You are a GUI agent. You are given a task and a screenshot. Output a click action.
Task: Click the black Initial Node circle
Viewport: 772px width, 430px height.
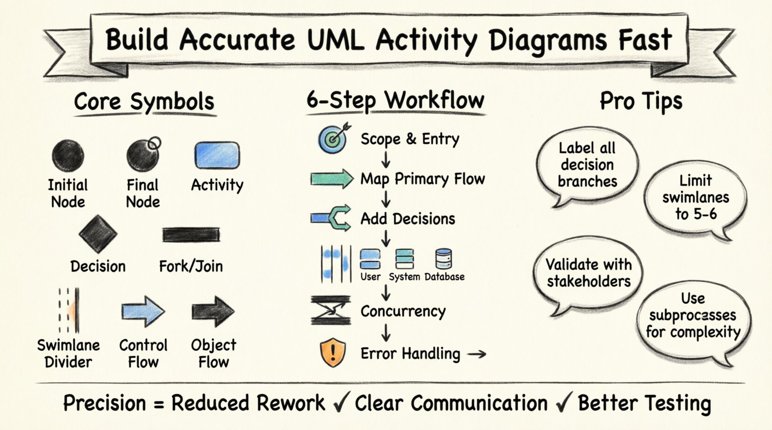[68, 156]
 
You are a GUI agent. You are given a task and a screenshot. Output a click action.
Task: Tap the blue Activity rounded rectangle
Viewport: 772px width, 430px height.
[217, 155]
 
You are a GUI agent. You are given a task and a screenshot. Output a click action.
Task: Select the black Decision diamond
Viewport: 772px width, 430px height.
[98, 234]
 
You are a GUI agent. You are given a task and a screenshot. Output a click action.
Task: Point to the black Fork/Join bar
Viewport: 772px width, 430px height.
[191, 235]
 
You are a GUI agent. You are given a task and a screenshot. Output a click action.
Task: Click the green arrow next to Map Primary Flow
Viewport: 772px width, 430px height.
[332, 179]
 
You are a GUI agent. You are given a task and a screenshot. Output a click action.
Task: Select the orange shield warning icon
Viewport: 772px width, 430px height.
[333, 353]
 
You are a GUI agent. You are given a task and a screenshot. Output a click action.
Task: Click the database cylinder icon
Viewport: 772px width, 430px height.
[444, 259]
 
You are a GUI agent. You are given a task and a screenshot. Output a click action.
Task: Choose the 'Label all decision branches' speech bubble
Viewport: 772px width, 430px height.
[587, 165]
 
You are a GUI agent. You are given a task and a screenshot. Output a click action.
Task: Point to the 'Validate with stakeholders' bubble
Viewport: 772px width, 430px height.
[588, 273]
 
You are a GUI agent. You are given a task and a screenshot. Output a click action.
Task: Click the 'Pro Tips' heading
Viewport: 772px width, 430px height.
[641, 101]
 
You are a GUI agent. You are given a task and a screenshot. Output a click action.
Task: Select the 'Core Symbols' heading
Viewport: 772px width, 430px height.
[144, 101]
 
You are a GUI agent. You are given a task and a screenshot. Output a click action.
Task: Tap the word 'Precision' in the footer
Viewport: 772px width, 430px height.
[104, 403]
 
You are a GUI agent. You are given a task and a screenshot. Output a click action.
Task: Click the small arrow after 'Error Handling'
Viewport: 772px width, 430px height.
[476, 354]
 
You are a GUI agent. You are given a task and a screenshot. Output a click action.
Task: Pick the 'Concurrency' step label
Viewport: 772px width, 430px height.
[403, 311]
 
